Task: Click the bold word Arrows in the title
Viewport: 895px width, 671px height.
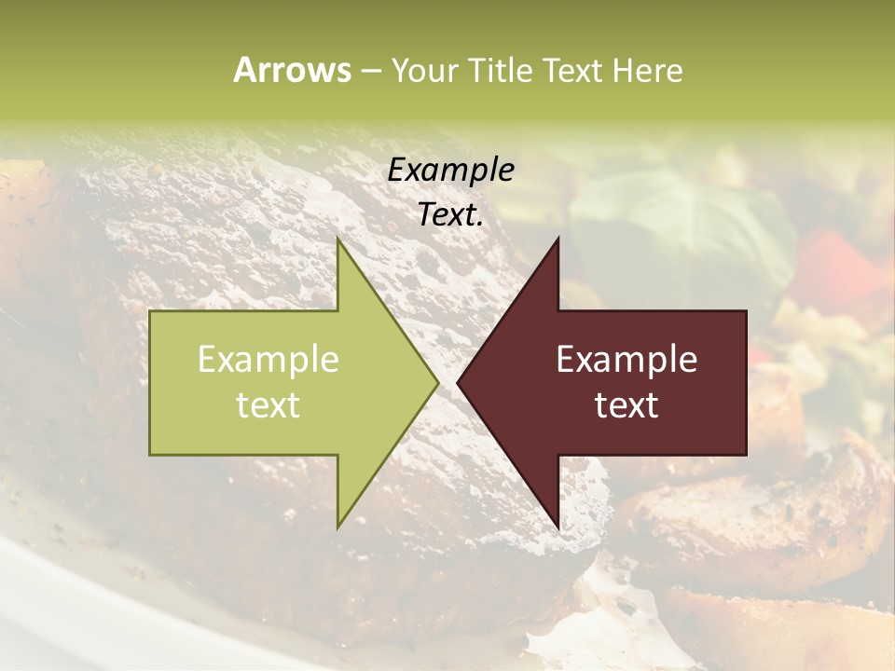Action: [292, 70]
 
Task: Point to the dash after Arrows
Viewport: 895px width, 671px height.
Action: [370, 71]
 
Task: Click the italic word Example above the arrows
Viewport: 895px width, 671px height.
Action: [450, 170]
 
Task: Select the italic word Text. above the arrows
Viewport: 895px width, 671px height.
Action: [450, 215]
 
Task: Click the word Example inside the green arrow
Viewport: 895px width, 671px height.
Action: [268, 360]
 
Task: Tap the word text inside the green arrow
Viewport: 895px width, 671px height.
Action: [268, 405]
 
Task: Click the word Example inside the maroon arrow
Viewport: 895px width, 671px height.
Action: [626, 360]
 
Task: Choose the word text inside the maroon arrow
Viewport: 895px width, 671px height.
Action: [626, 405]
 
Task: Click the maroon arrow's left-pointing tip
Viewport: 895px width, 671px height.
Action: [460, 382]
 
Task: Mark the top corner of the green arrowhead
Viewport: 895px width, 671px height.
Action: [338, 241]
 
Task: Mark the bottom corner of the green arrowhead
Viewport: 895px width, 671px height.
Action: [338, 526]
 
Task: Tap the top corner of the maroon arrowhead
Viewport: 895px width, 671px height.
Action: [558, 240]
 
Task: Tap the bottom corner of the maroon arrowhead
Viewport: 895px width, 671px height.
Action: [558, 527]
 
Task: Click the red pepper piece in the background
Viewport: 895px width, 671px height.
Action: [839, 261]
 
